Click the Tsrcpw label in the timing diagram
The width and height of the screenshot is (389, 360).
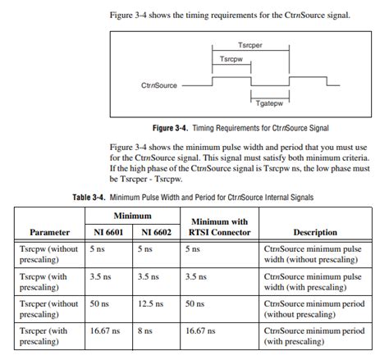(x=231, y=60)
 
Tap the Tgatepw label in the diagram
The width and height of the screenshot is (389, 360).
(x=267, y=103)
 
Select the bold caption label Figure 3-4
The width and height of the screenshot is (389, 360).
(x=171, y=129)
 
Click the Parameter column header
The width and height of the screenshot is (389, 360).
(x=48, y=232)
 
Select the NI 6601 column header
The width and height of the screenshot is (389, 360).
(x=107, y=232)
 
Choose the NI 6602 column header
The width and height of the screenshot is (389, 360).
(x=155, y=232)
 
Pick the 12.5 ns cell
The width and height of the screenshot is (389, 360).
(x=150, y=303)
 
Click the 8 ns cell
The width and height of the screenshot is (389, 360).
(x=144, y=330)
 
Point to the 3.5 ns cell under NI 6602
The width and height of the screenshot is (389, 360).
(x=149, y=276)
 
